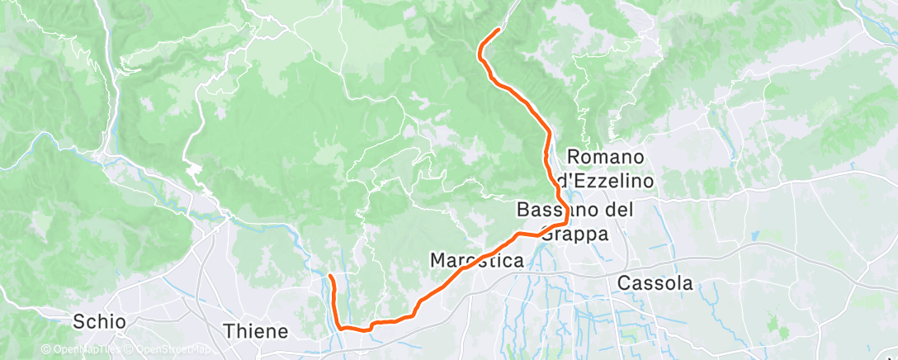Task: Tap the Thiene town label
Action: coord(257,331)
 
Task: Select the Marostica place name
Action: coord(477,261)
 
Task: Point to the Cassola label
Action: coord(655,283)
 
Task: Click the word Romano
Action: coord(605,157)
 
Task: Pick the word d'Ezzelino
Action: coord(605,179)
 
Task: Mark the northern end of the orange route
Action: coord(499,30)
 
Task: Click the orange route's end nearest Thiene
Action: coord(330,275)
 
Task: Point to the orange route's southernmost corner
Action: coord(341,327)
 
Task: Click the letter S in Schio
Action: coord(79,321)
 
